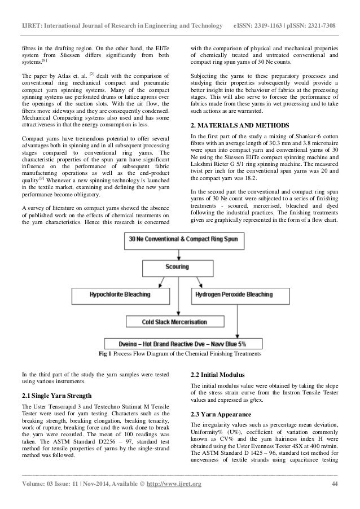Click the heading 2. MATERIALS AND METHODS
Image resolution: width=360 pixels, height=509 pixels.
click(234, 124)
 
